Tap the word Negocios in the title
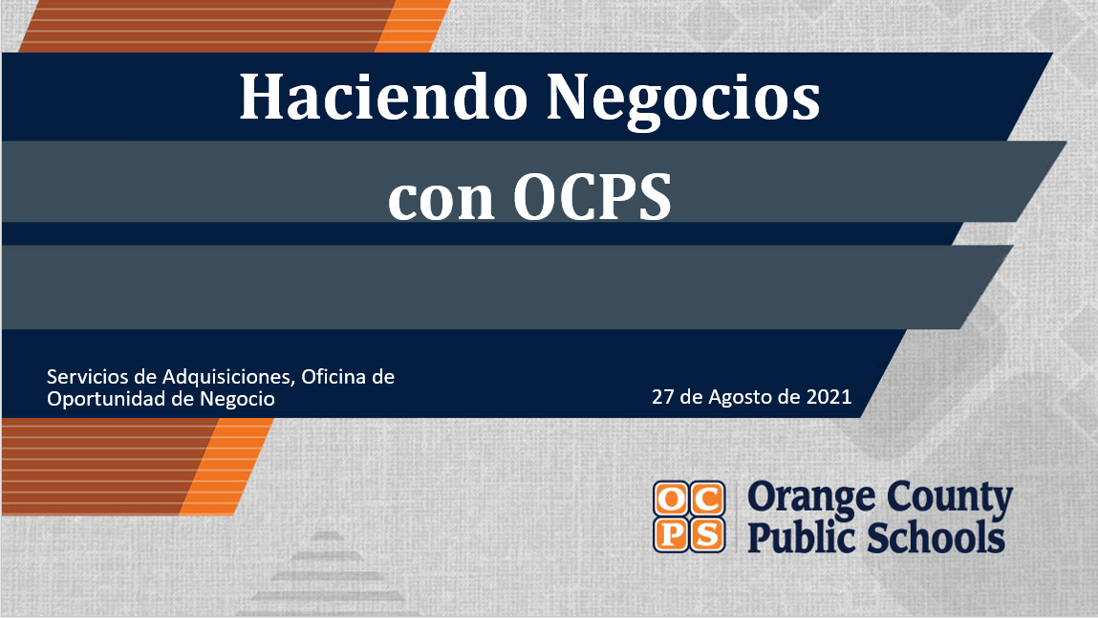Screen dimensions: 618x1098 tap(682, 97)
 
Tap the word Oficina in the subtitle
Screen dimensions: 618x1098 tap(334, 377)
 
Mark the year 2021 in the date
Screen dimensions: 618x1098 tap(829, 396)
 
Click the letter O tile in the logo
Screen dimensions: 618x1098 tap(671, 498)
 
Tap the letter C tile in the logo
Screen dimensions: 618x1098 tap(707, 498)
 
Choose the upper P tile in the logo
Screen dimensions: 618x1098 tap(671, 534)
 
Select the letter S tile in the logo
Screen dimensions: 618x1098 tap(707, 534)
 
